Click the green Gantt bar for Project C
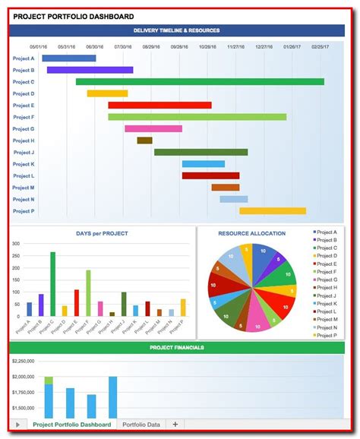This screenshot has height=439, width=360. tap(200, 81)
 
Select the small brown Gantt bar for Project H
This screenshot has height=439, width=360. tap(144, 141)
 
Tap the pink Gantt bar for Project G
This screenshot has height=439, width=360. tap(153, 128)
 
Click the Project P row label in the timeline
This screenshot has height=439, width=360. tap(24, 211)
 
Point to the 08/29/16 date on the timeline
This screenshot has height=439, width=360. tap(150, 47)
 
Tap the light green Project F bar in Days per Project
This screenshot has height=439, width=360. tap(88, 292)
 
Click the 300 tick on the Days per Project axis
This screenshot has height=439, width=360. tap(16, 244)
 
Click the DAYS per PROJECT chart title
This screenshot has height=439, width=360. tap(102, 233)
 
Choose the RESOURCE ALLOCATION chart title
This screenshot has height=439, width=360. tap(252, 233)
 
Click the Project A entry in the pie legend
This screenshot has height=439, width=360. tap(327, 232)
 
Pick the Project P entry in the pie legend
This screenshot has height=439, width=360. tap(327, 336)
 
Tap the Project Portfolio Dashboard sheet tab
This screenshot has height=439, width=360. tap(72, 425)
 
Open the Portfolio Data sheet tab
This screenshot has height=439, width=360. tap(141, 425)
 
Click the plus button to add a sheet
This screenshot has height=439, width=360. tap(175, 425)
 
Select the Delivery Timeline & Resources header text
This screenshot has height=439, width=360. tap(176, 30)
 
